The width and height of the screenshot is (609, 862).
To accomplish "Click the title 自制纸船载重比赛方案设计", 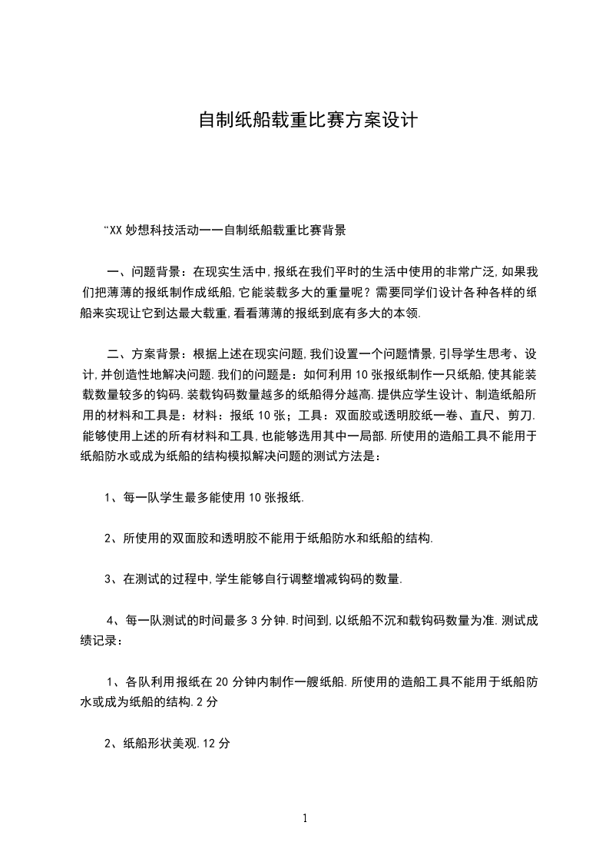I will (307, 121).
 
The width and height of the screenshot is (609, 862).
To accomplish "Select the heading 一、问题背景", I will (145, 271).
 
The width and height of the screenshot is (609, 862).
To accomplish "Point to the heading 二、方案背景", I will (145, 354).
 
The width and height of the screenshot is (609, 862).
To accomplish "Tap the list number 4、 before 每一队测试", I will (114, 621).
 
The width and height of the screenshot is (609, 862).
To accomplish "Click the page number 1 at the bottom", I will (305, 819).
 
